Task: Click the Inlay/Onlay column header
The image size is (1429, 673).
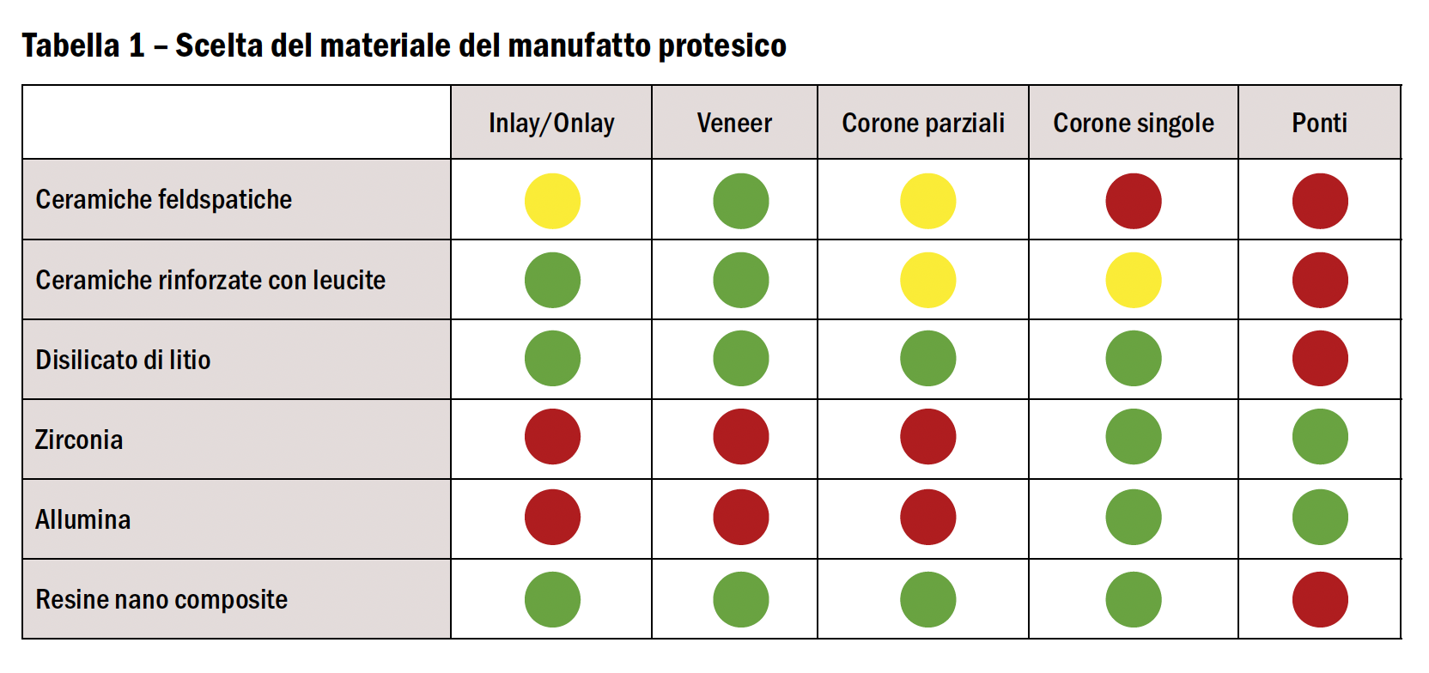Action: tap(551, 124)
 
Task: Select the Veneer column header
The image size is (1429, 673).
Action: tap(734, 124)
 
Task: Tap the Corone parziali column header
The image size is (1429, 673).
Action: tap(923, 124)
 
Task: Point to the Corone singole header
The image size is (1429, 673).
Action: tap(1134, 124)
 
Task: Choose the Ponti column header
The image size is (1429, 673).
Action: tap(1319, 124)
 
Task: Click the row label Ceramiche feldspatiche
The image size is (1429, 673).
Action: tap(164, 200)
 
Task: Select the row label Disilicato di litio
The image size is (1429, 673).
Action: tap(123, 360)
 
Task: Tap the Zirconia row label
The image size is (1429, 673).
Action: tap(79, 440)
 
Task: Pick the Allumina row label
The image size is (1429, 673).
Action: tap(83, 519)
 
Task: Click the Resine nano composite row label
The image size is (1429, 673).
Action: tap(161, 599)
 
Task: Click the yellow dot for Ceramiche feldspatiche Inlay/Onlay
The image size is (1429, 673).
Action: tap(552, 201)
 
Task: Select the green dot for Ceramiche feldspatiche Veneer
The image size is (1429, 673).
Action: tap(740, 201)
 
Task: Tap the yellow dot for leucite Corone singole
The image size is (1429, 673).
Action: tap(1134, 280)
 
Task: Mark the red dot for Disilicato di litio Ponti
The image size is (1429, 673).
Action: tap(1320, 358)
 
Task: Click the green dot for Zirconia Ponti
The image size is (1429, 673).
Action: tap(1320, 436)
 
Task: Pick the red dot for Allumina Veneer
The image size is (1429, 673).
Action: tap(740, 517)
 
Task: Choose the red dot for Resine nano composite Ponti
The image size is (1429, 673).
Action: tap(1320, 599)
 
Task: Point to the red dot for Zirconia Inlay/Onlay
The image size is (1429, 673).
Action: tap(552, 436)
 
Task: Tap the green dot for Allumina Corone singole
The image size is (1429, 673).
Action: tap(1134, 517)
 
